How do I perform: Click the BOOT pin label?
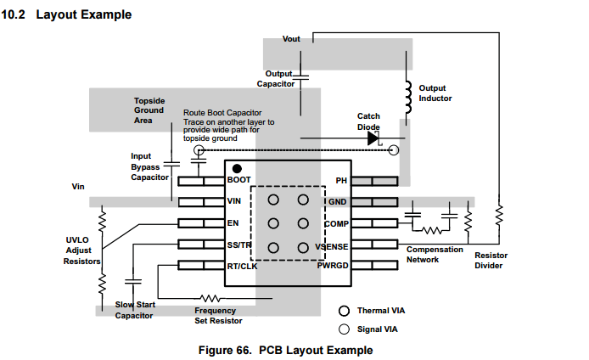pyautogui.click(x=238, y=181)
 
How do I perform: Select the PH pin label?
pyautogui.click(x=341, y=181)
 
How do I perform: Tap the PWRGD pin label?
pyautogui.click(x=333, y=267)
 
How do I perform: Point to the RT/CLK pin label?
pyautogui.click(x=243, y=267)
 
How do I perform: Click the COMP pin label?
pyautogui.click(x=336, y=223)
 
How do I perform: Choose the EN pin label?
pyautogui.click(x=233, y=223)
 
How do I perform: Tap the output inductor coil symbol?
pyautogui.click(x=408, y=93)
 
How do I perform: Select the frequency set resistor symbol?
pyautogui.click(x=209, y=298)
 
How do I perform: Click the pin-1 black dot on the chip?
pyautogui.click(x=238, y=168)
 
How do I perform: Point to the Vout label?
pyautogui.click(x=291, y=39)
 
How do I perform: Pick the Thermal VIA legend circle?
pyautogui.click(x=345, y=312)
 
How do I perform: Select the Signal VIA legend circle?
pyautogui.click(x=345, y=329)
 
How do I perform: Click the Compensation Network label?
pyautogui.click(x=435, y=255)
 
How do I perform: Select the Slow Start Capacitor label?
pyautogui.click(x=134, y=310)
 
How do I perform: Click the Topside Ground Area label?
pyautogui.click(x=149, y=110)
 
